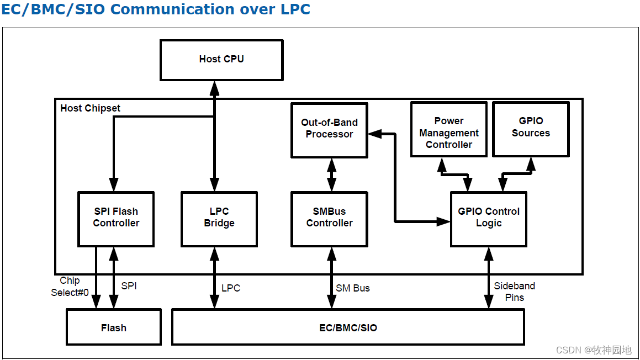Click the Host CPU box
tap(221, 60)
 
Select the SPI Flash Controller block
tap(116, 218)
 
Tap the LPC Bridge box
tap(219, 218)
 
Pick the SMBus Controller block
tap(330, 218)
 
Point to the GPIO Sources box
tap(531, 128)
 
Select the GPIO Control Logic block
tap(489, 218)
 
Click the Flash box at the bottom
tap(114, 327)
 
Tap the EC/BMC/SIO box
tap(348, 327)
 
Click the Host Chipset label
tap(90, 108)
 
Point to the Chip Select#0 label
tap(70, 287)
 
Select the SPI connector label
tap(129, 286)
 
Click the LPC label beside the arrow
tap(231, 288)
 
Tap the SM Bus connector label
tap(353, 288)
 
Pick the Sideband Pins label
tap(514, 292)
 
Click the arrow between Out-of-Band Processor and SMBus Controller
tap(331, 174)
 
